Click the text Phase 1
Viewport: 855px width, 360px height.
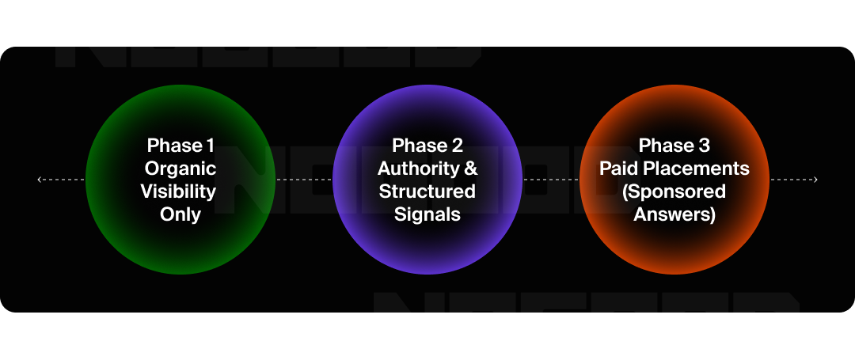coord(180,146)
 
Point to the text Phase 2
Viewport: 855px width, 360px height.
coord(427,146)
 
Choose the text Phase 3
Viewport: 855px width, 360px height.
coord(674,146)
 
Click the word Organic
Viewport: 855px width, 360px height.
coord(180,169)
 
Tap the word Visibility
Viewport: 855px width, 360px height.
coord(178,191)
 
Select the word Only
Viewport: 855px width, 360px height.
coord(180,214)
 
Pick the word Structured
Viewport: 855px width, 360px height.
coord(427,191)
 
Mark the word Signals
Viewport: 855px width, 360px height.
coord(427,214)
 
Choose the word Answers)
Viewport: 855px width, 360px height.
coord(674,214)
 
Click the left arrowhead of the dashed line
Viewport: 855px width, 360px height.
coord(40,180)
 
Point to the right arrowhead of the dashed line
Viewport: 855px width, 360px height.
coord(815,180)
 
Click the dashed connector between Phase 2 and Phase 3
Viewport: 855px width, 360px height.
coord(551,180)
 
